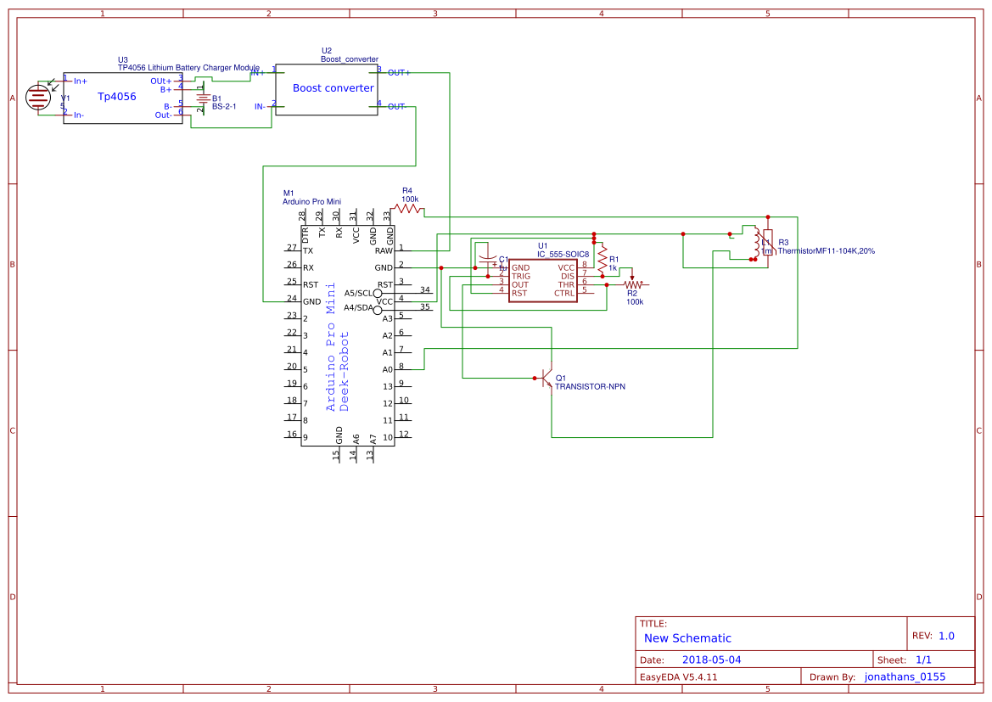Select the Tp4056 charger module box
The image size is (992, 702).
pyautogui.click(x=116, y=98)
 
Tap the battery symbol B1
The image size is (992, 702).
pyautogui.click(x=203, y=98)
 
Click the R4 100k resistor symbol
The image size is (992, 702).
pyautogui.click(x=407, y=208)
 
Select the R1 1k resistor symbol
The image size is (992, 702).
pyautogui.click(x=602, y=258)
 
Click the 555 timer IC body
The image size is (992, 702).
pyautogui.click(x=542, y=280)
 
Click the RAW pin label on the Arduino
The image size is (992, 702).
pyautogui.click(x=384, y=250)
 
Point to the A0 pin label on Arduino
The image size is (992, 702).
pyautogui.click(x=387, y=369)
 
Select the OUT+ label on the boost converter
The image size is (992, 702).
pyautogui.click(x=399, y=73)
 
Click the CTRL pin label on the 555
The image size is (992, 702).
pyautogui.click(x=564, y=293)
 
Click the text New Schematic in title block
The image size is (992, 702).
pyautogui.click(x=687, y=638)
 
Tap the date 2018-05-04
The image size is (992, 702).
pyautogui.click(x=711, y=660)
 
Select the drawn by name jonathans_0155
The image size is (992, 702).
pyautogui.click(x=905, y=677)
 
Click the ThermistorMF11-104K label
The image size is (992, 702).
pyautogui.click(x=826, y=251)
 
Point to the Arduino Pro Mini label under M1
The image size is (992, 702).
pyautogui.click(x=311, y=202)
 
